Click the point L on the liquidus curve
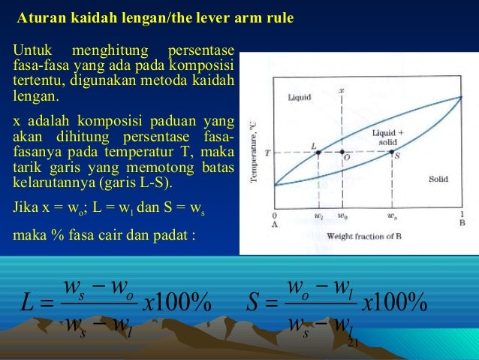click(318, 152)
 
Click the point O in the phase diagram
click(342, 152)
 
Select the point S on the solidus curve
click(392, 152)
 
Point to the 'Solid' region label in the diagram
click(438, 179)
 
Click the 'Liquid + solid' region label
click(387, 137)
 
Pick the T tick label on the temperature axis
click(267, 152)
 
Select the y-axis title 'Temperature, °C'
click(256, 154)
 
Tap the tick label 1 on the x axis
click(460, 215)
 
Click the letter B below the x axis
click(461, 223)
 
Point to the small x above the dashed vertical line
click(342, 91)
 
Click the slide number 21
click(355, 343)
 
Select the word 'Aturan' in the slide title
click(36, 17)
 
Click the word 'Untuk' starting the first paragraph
click(29, 50)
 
